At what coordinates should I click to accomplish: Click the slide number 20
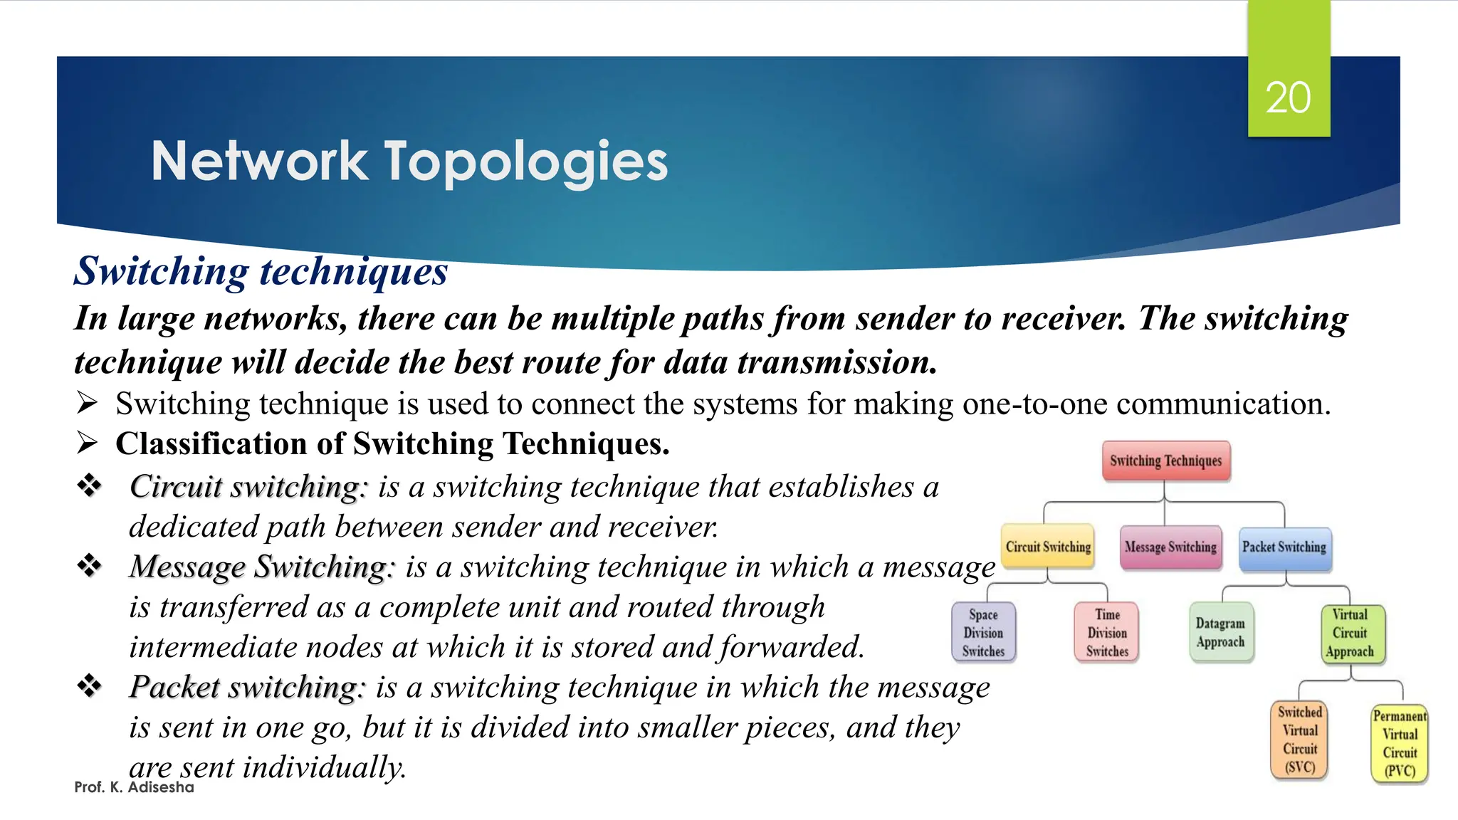point(1288,98)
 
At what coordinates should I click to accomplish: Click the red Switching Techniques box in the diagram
point(1165,461)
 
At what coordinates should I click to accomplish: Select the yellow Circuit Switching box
point(1048,547)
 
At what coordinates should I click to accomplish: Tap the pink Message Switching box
point(1170,547)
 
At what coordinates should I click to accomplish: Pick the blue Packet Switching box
point(1284,547)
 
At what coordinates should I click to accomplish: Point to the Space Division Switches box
point(983,632)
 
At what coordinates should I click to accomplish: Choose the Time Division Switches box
point(1107,632)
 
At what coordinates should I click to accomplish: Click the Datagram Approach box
point(1220,632)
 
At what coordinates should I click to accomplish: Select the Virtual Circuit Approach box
point(1350,633)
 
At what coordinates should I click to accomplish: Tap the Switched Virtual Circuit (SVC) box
point(1300,740)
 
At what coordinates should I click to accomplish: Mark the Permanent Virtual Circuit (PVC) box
point(1400,743)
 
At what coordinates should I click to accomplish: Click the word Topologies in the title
point(526,162)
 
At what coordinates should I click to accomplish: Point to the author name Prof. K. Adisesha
point(134,787)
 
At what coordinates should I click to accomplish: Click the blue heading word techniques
point(354,271)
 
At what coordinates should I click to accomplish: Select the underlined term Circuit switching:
point(248,487)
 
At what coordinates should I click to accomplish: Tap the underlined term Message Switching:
point(261,567)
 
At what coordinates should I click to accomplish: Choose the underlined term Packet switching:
point(247,688)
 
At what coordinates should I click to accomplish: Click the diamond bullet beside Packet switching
point(90,686)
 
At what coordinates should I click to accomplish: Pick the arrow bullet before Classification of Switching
point(87,443)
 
